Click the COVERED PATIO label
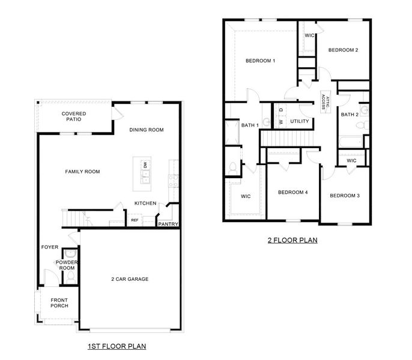pyautogui.click(x=73, y=116)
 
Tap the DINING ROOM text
pyautogui.click(x=147, y=130)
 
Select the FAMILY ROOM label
pyautogui.click(x=82, y=172)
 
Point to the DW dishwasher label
pyautogui.click(x=145, y=164)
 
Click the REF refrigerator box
pyautogui.click(x=135, y=220)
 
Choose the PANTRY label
pyautogui.click(x=168, y=224)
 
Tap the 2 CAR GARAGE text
pyautogui.click(x=129, y=279)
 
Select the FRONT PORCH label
pyautogui.click(x=59, y=302)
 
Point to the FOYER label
pyautogui.click(x=49, y=247)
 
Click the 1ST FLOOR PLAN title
pyautogui.click(x=117, y=346)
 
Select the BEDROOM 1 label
pyautogui.click(x=260, y=61)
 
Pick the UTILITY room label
pyautogui.click(x=299, y=122)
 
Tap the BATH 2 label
pyautogui.click(x=350, y=115)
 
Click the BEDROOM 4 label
pyautogui.click(x=292, y=193)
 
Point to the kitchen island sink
pyautogui.click(x=145, y=177)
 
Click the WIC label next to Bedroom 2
pyautogui.click(x=310, y=35)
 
